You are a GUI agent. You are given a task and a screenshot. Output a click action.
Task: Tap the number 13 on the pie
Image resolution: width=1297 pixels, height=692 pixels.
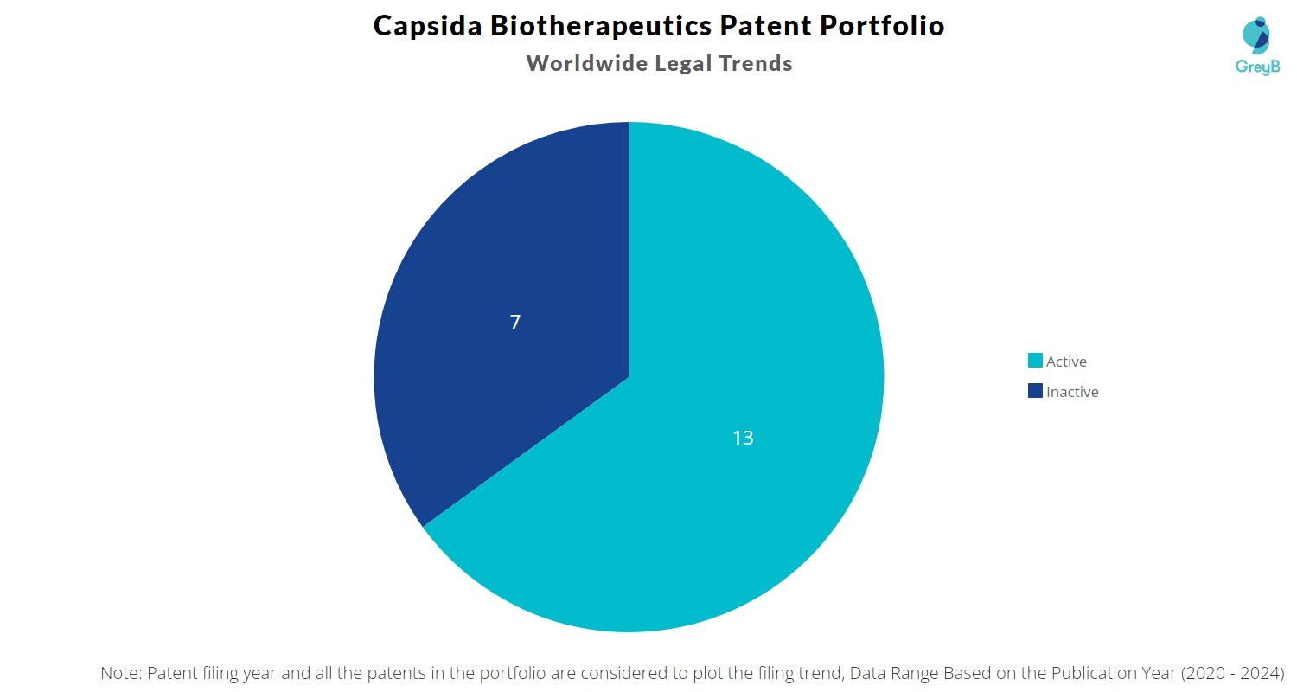pyautogui.click(x=743, y=439)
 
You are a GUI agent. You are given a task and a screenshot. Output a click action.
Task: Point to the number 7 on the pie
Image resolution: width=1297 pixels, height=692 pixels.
pyautogui.click(x=515, y=323)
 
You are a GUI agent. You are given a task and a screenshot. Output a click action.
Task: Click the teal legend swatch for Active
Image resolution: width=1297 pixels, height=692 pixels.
pyautogui.click(x=1035, y=361)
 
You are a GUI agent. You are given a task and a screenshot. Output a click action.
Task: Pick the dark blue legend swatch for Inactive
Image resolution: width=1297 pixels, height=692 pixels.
pyautogui.click(x=1035, y=391)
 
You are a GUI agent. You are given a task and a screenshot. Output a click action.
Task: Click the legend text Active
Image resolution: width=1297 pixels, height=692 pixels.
pyautogui.click(x=1066, y=362)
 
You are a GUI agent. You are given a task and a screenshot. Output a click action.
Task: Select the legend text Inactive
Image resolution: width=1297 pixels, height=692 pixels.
pyautogui.click(x=1072, y=392)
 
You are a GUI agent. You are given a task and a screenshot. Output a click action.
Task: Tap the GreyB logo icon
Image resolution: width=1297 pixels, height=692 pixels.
pyautogui.click(x=1255, y=35)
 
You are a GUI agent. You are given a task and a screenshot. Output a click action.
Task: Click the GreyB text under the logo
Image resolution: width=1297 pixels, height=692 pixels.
pyautogui.click(x=1257, y=67)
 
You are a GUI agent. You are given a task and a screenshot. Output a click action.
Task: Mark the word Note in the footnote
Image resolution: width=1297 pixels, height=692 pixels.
pyautogui.click(x=119, y=673)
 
